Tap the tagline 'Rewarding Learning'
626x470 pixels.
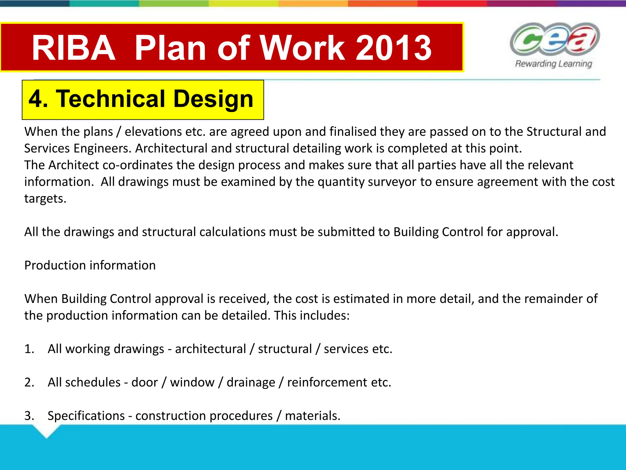tap(554, 64)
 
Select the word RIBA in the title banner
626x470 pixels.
tap(74, 48)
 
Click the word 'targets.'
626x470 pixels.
tap(45, 199)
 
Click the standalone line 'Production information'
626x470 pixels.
tap(90, 265)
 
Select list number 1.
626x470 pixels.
tap(29, 349)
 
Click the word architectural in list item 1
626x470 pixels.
tap(210, 349)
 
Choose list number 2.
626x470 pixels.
tap(29, 382)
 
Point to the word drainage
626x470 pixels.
tap(251, 382)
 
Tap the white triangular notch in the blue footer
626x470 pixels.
tap(46, 431)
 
